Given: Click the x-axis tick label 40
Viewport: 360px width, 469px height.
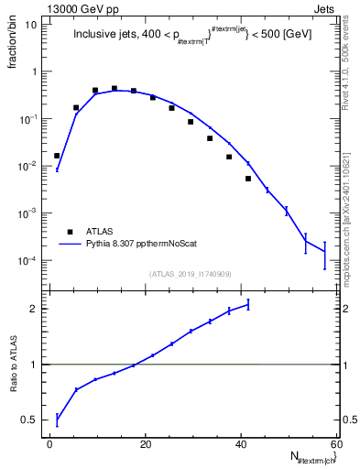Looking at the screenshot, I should [241, 444].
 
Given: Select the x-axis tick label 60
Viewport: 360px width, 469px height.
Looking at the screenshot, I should [336, 444].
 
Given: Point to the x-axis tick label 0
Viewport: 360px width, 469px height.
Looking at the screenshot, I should [50, 444].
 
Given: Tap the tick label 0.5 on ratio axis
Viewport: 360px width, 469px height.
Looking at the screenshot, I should [28, 420].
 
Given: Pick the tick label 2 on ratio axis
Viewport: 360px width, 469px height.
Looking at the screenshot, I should [33, 309].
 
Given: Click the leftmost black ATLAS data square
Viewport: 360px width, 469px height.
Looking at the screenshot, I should [57, 156].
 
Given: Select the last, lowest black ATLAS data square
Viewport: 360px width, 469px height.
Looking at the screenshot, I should [248, 179].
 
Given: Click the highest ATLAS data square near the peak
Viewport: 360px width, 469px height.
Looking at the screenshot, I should [115, 89].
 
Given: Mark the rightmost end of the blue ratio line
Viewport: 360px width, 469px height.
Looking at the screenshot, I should [248, 304].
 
